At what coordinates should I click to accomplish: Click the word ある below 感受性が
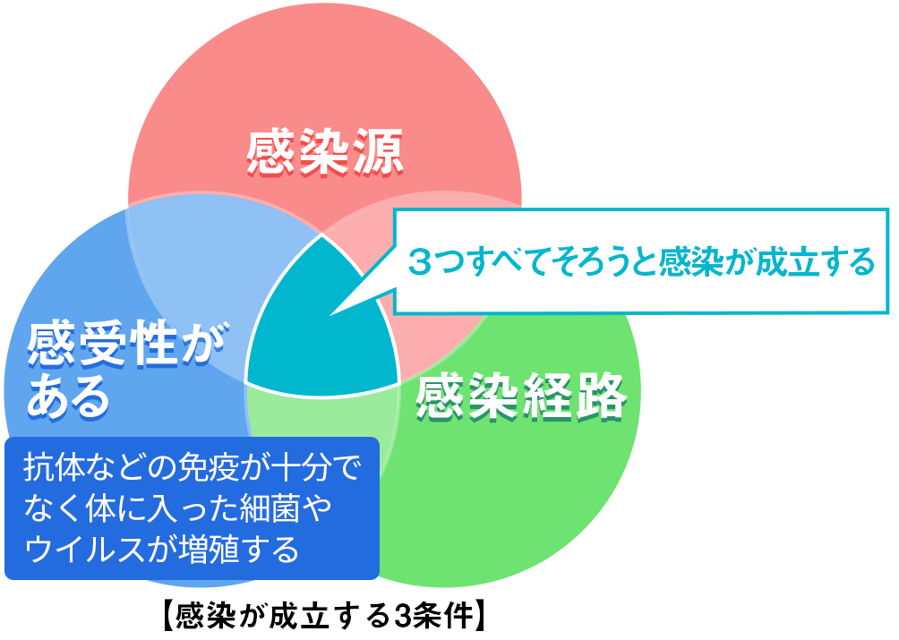click(68, 397)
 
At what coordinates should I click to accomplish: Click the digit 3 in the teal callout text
click(420, 262)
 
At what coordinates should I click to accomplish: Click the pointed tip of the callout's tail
click(330, 314)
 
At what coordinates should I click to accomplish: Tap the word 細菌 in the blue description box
click(270, 508)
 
